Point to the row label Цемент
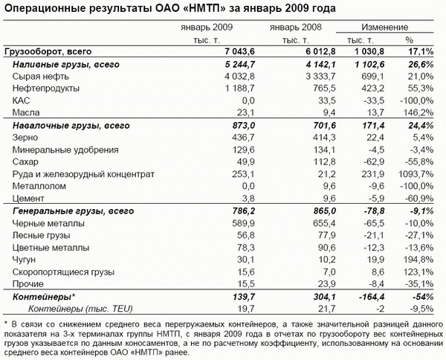(x=30, y=198)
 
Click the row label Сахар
(x=26, y=161)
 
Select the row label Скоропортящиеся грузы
(x=60, y=271)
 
